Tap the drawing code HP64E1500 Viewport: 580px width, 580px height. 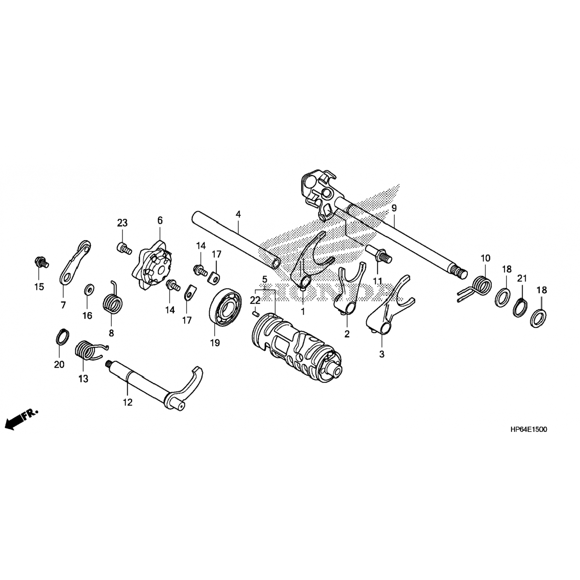(x=528, y=430)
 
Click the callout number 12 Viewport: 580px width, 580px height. (x=128, y=403)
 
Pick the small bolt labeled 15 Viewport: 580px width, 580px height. (x=40, y=262)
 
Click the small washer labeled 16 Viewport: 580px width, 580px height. (x=89, y=289)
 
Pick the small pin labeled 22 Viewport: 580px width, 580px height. (x=255, y=314)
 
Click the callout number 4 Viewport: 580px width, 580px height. (x=238, y=214)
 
